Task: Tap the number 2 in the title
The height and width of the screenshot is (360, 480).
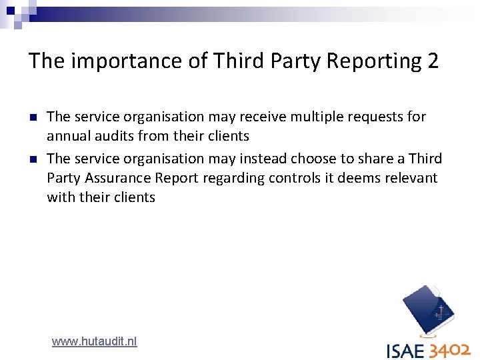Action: click(x=433, y=61)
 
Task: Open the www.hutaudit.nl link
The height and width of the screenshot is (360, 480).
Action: click(x=94, y=341)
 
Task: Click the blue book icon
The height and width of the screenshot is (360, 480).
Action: click(x=429, y=310)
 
